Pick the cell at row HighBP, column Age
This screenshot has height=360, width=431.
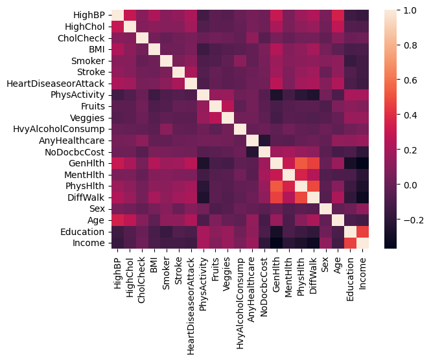pyautogui.click(x=338, y=14)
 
